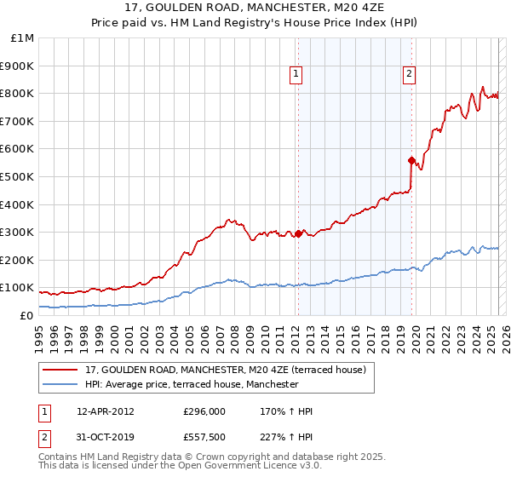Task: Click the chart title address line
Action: [x=255, y=9]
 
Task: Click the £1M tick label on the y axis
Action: [x=21, y=38]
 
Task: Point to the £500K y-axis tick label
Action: [x=17, y=176]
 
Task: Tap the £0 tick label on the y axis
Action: [x=26, y=315]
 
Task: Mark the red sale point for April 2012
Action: [x=298, y=233]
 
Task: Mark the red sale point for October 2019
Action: [x=412, y=160]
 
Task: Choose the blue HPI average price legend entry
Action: [x=192, y=384]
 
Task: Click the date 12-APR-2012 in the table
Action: [x=106, y=411]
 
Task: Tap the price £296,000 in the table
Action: [x=204, y=411]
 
